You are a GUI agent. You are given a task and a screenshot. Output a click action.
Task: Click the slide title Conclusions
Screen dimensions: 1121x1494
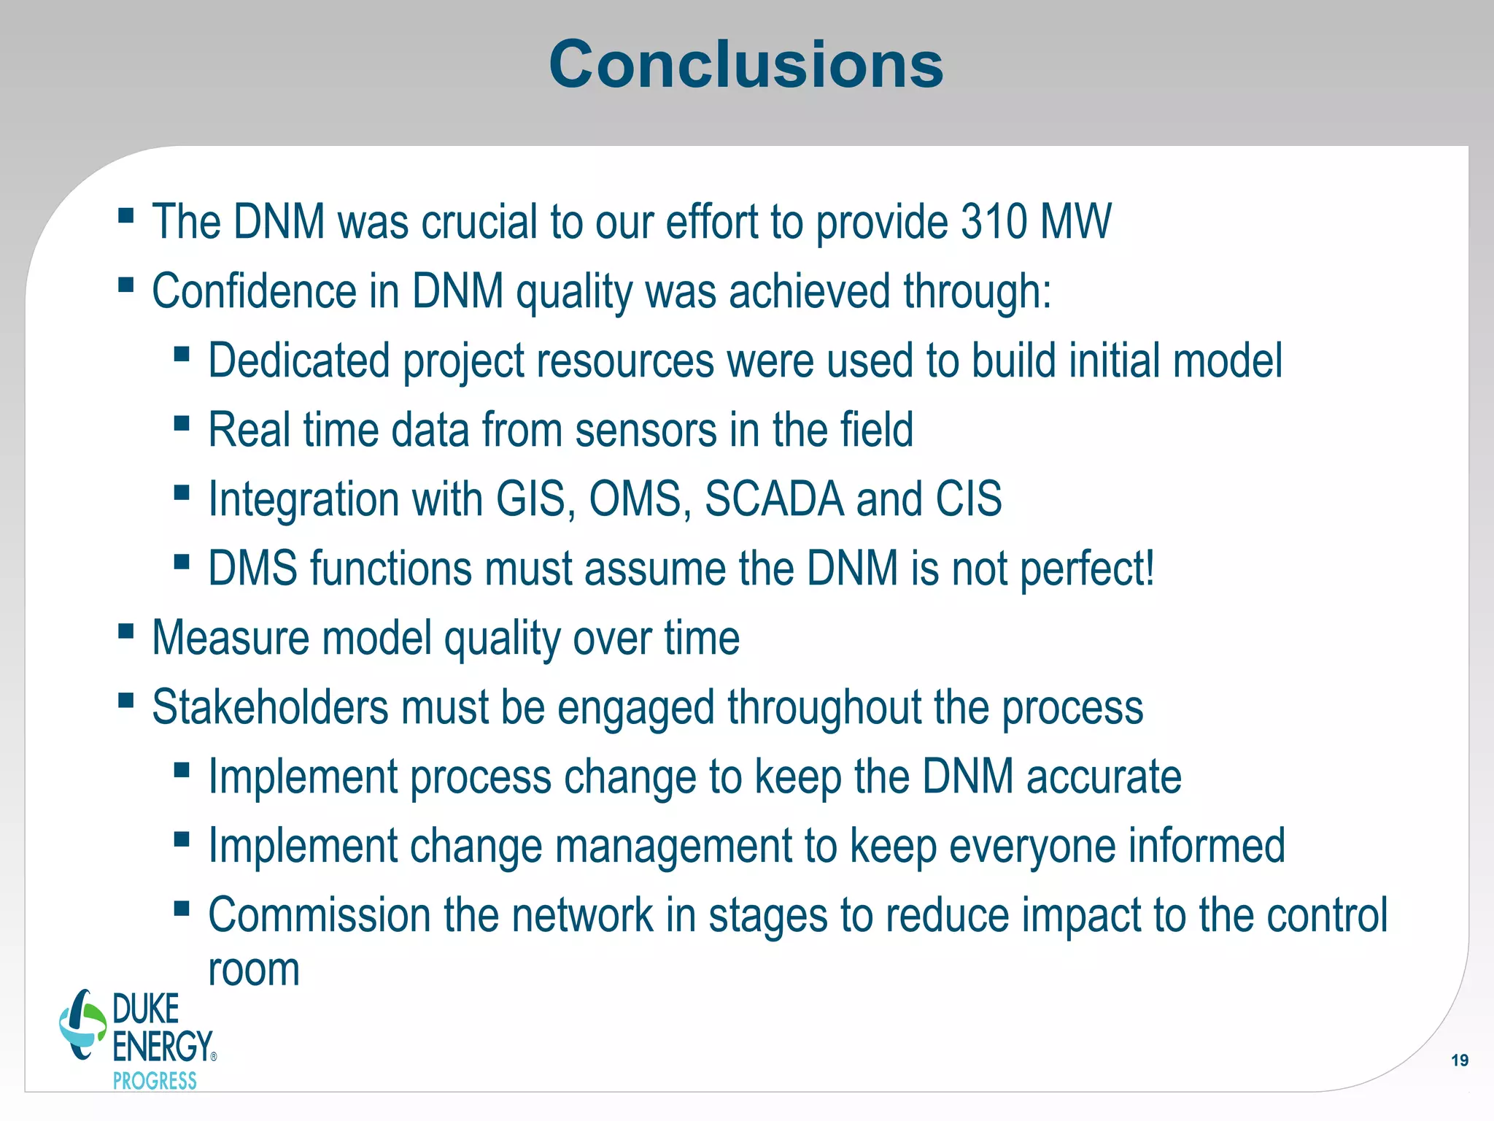point(746,65)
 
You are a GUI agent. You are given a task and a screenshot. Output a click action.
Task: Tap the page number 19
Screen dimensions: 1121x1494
point(1459,1060)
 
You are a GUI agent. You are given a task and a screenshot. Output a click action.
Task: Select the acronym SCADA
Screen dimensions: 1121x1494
point(773,499)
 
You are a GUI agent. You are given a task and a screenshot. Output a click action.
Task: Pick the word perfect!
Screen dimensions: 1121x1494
point(1087,569)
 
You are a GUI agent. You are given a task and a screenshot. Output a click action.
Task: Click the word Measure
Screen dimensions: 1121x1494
point(231,638)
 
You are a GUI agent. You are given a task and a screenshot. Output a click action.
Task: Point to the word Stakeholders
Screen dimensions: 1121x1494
point(270,707)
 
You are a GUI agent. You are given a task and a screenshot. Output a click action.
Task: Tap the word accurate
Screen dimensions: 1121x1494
point(1104,777)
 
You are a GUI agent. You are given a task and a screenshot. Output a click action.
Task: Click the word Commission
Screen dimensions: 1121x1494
point(319,915)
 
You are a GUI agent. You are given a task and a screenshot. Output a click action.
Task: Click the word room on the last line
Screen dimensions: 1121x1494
point(254,971)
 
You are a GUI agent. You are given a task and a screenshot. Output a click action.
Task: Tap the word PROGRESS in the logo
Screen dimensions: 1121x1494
point(155,1081)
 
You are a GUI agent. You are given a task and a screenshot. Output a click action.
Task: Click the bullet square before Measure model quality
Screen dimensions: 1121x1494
point(125,630)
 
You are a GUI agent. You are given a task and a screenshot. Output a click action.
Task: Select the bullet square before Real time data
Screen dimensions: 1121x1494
point(182,423)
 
